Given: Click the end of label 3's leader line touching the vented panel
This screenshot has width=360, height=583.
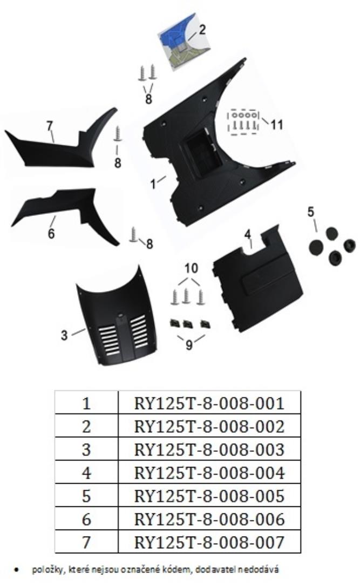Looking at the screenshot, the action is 85,329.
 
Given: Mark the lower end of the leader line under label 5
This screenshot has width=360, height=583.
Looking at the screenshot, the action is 316,231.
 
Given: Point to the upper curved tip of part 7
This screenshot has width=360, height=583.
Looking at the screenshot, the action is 116,109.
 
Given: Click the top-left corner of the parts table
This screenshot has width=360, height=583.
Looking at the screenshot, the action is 55,391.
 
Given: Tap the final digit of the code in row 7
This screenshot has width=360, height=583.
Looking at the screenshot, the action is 280,542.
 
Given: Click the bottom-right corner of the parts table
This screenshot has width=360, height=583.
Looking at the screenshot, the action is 301,553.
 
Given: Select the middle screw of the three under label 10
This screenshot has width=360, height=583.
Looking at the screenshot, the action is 186,296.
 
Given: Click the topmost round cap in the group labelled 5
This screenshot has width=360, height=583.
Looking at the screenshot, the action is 332,234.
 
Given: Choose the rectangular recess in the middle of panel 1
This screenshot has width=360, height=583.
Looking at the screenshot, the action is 203,153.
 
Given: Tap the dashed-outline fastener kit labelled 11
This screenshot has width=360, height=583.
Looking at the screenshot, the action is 244,121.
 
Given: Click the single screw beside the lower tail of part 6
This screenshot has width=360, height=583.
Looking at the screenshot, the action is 134,235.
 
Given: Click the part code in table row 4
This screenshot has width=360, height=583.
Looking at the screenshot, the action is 209,473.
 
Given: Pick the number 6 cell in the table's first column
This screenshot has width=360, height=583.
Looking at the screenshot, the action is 86,519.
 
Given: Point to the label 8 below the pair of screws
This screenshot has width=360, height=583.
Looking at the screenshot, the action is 148,99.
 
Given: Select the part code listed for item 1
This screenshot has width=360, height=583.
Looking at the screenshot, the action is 209,403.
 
